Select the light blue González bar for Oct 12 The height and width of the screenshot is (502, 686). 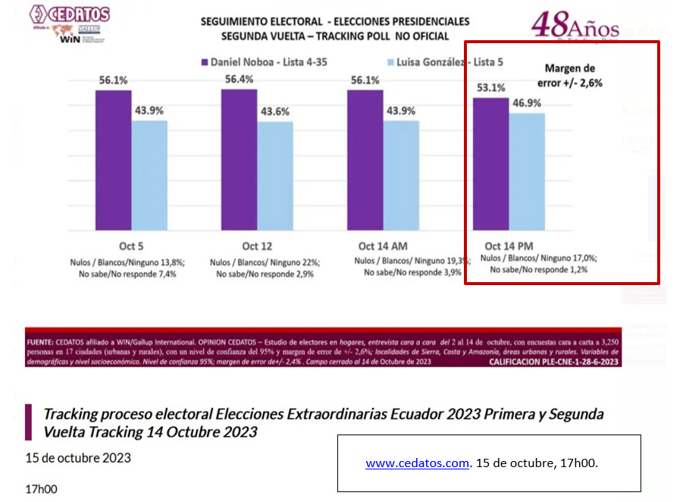275,175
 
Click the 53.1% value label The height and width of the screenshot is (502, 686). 490,87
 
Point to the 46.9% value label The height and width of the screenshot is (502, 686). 527,102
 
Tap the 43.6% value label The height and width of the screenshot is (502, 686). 275,111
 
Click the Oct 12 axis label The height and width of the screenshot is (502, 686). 256,246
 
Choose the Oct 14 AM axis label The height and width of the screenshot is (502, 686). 384,246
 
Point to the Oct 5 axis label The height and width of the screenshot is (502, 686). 130,246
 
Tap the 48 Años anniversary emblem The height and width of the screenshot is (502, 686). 575,26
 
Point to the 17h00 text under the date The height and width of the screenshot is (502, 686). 41,489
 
